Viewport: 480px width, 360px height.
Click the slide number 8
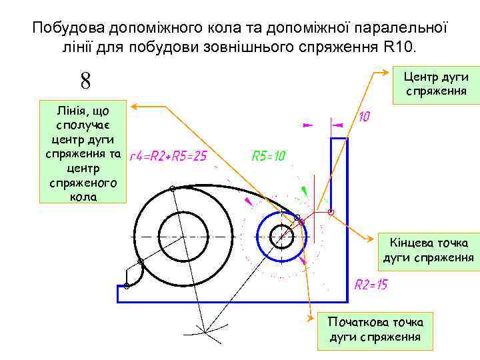pos(86,81)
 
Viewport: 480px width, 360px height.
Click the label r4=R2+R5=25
pos(168,156)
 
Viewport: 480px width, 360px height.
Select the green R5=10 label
pos(269,156)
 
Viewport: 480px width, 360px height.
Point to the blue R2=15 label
pos(371,285)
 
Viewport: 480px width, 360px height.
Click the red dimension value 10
pos(365,117)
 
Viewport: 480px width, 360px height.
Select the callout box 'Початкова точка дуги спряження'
pos(375,329)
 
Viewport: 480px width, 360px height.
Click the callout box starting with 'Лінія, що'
pos(83,151)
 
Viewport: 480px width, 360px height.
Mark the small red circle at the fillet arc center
pos(331,212)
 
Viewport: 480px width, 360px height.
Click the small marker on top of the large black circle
pos(172,189)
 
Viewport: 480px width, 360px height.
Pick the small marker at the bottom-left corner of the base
pos(127,286)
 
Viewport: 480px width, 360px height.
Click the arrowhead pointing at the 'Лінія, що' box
pos(133,106)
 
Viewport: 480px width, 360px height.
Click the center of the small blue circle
pos(281,235)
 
